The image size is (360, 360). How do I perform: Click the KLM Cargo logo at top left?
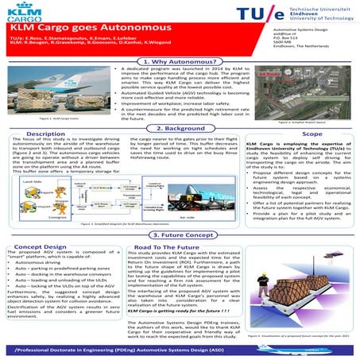[29, 17]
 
